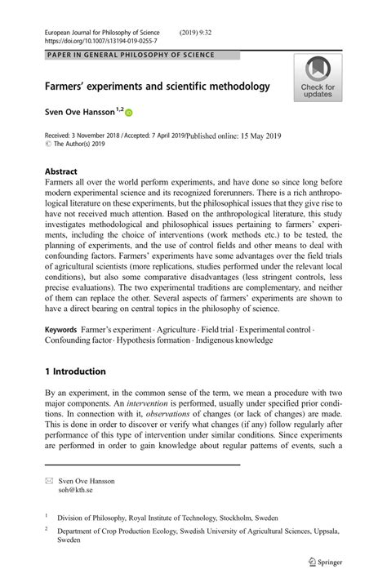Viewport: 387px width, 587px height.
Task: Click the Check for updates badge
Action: (x=318, y=78)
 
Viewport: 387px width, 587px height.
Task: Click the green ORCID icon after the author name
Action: (x=128, y=113)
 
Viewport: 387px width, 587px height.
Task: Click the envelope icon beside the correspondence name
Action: (x=49, y=482)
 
